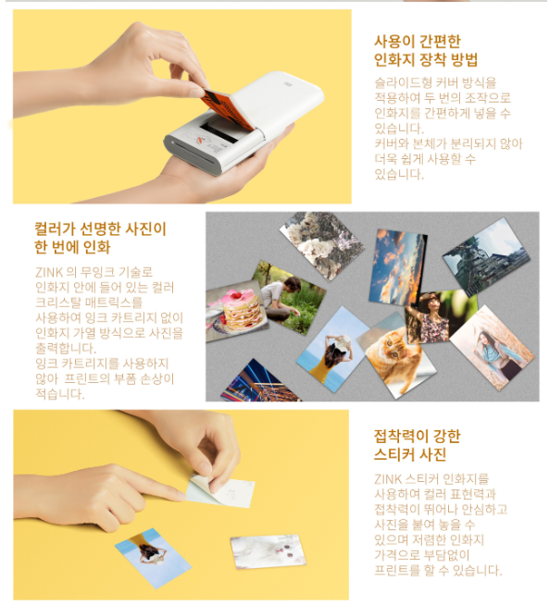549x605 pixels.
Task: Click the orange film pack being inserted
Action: click(227, 109)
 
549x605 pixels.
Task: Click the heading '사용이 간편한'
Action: click(418, 42)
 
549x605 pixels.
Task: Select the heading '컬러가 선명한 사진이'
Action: click(100, 229)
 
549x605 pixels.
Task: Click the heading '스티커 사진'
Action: click(410, 454)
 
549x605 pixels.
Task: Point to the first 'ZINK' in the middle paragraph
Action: click(49, 272)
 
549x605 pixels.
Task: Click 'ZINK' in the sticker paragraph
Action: click(388, 479)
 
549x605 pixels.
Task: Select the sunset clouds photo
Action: click(398, 267)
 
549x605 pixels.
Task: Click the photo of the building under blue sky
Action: click(486, 256)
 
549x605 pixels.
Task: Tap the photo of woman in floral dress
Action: click(440, 316)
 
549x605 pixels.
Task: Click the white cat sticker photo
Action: click(268, 551)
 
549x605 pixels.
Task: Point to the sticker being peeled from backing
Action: click(220, 491)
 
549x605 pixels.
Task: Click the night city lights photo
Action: click(260, 381)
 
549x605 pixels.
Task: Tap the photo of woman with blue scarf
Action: click(493, 348)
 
